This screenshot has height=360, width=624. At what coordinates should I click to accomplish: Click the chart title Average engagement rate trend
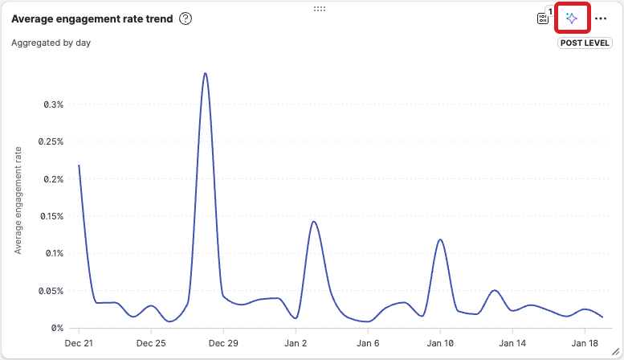point(92,18)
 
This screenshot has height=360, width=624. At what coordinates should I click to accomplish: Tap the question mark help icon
point(186,18)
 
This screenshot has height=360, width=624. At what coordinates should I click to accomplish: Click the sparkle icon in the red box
point(572,18)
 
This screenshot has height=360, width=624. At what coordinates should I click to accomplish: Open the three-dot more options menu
point(601,18)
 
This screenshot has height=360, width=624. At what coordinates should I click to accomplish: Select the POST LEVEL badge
point(585,43)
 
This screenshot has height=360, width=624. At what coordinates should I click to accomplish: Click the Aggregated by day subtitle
point(51,43)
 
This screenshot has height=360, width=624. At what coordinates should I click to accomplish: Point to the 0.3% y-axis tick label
point(52,104)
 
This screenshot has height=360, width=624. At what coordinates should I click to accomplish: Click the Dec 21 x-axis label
point(79,343)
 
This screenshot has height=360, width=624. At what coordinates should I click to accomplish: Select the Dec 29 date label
point(223,343)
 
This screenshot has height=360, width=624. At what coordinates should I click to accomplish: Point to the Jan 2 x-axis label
point(296,343)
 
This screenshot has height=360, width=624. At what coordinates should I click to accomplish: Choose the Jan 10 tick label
point(440,343)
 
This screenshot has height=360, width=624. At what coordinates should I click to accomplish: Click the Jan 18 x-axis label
point(585,343)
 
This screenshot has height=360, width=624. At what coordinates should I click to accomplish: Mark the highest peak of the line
point(206,73)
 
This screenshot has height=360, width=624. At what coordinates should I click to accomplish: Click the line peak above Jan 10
point(440,239)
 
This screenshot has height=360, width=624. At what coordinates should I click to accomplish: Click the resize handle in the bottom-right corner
point(616,352)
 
